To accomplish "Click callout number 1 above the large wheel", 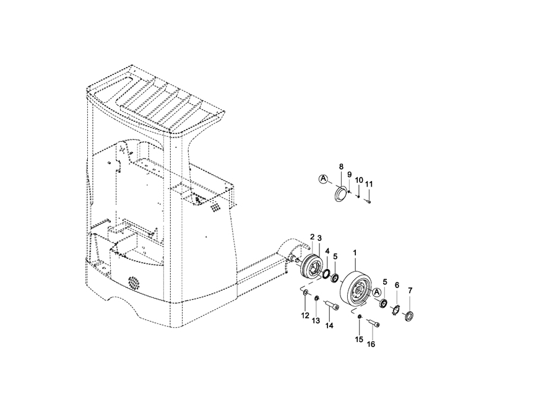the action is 355,253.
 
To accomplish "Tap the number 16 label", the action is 371,344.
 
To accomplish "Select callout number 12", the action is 305,315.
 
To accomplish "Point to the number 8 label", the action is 341,167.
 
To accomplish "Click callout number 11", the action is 369,184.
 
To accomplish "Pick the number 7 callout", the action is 410,291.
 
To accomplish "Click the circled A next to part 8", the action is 323,179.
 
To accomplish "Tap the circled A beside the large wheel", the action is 377,292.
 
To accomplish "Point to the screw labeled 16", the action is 373,323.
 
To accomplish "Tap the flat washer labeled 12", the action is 305,292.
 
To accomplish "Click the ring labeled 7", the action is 410,316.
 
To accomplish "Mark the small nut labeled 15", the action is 360,317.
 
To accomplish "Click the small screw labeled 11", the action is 368,202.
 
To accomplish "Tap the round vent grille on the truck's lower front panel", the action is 135,282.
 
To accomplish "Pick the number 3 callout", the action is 319,237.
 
